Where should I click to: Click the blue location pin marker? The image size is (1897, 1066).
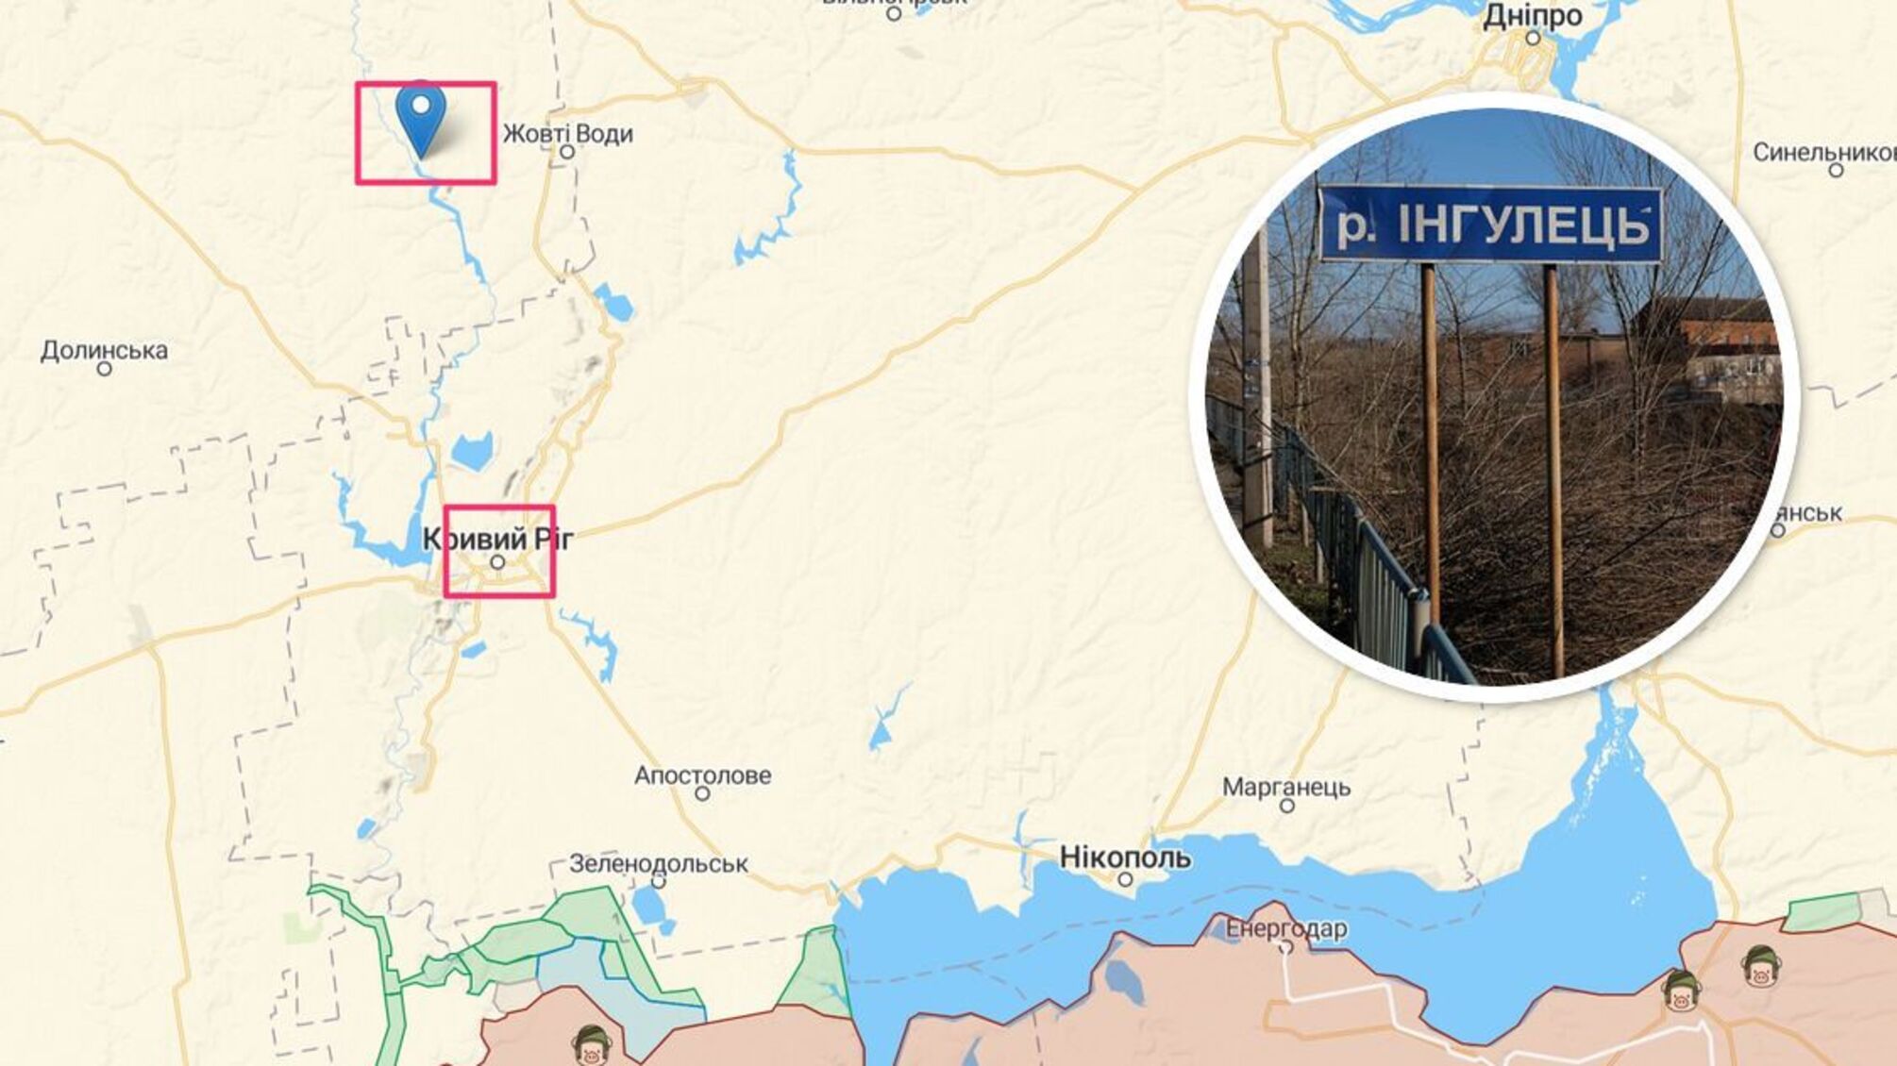click(x=421, y=116)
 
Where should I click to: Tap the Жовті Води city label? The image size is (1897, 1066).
click(x=567, y=134)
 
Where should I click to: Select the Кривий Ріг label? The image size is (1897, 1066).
click(x=497, y=539)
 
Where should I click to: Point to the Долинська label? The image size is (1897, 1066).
click(x=104, y=351)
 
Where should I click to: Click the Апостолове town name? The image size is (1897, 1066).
click(x=702, y=775)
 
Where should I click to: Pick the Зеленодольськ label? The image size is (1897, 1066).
click(x=658, y=863)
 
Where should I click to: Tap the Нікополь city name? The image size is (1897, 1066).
click(x=1125, y=858)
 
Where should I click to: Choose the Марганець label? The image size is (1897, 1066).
click(x=1286, y=786)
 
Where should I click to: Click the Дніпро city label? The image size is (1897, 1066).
click(x=1533, y=16)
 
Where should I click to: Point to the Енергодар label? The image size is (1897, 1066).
click(x=1286, y=929)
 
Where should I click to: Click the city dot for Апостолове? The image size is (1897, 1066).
click(x=702, y=794)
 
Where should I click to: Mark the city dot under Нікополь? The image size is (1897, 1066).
click(x=1125, y=879)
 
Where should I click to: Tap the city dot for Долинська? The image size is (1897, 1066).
click(x=104, y=369)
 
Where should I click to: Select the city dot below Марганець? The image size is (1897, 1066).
click(x=1286, y=806)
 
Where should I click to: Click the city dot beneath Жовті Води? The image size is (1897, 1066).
click(x=567, y=152)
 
